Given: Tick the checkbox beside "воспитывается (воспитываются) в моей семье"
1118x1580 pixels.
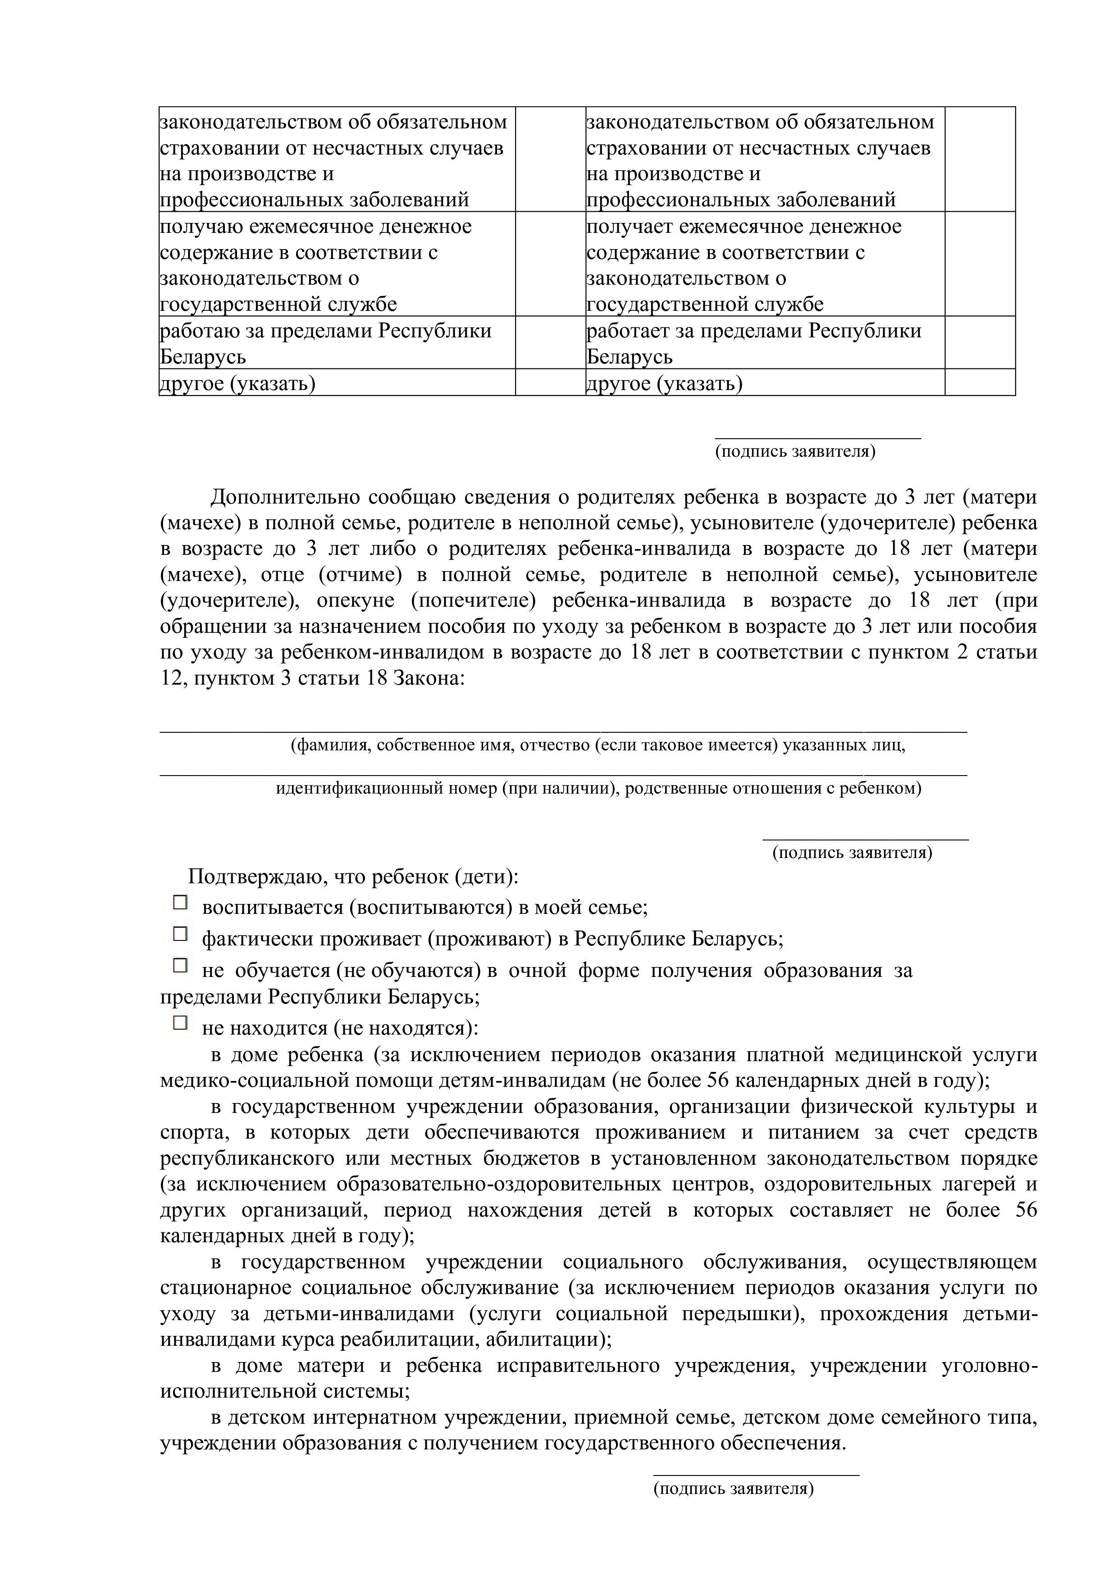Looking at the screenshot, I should tap(180, 902).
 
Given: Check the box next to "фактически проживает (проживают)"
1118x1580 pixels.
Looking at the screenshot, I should tap(180, 933).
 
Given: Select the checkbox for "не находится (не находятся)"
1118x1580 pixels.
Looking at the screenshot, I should tap(180, 1022).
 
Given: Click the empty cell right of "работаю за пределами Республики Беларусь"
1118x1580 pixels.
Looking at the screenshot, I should tap(550, 343).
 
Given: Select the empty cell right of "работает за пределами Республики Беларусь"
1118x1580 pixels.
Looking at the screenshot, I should tap(980, 343).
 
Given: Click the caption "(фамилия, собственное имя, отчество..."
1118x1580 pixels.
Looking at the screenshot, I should tap(598, 745).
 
